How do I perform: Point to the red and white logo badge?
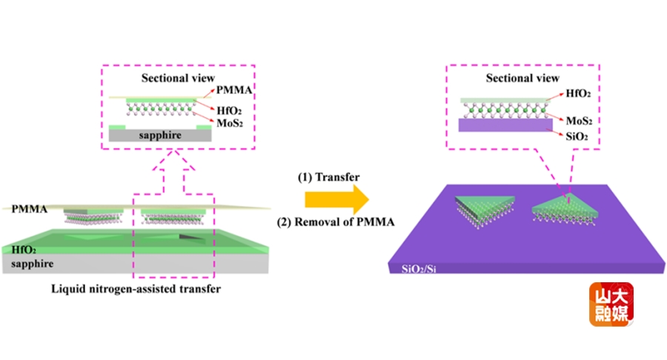[613, 304]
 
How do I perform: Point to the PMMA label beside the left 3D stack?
[25, 210]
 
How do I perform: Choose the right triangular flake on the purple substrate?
[564, 209]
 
